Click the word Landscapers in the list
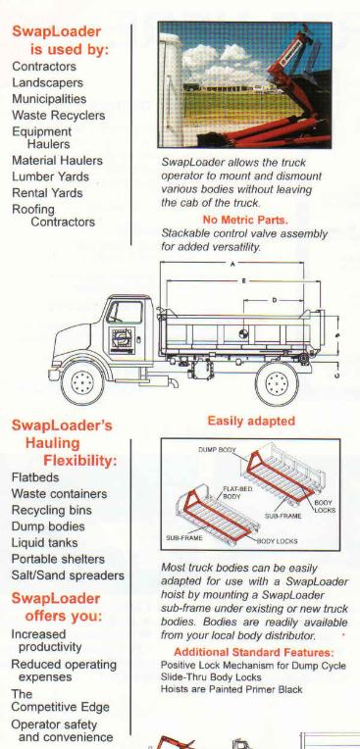tap(47, 82)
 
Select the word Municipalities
tap(49, 99)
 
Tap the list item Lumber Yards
tap(50, 176)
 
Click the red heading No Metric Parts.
tap(245, 221)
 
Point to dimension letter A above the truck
tap(232, 264)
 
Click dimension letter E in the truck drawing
tap(243, 281)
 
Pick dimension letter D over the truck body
tap(275, 300)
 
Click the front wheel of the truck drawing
tap(82, 383)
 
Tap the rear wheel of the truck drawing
tap(277, 383)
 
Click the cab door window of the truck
tap(126, 313)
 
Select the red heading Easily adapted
tap(251, 421)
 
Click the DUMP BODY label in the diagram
tap(218, 450)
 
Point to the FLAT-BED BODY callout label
tap(237, 493)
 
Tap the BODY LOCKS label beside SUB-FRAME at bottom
tap(278, 541)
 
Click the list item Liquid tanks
tap(44, 543)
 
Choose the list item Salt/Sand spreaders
tap(68, 575)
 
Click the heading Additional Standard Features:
tap(254, 653)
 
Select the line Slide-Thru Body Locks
tap(211, 677)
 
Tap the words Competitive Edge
tap(60, 707)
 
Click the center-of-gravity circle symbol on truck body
tap(244, 333)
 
